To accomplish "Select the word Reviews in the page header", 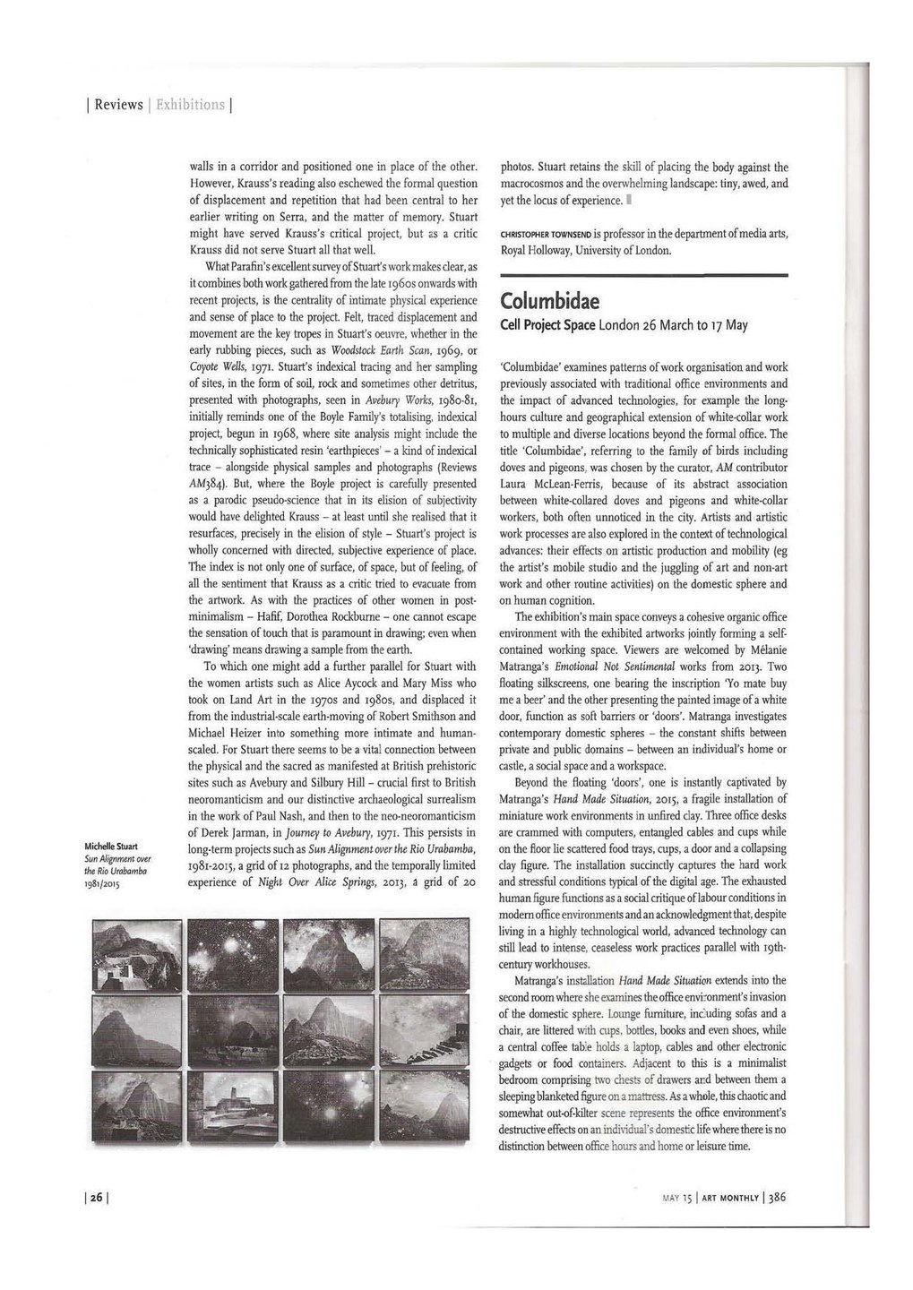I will (119, 105).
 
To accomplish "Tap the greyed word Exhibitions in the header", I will (190, 105).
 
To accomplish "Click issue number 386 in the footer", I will (775, 1198).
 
